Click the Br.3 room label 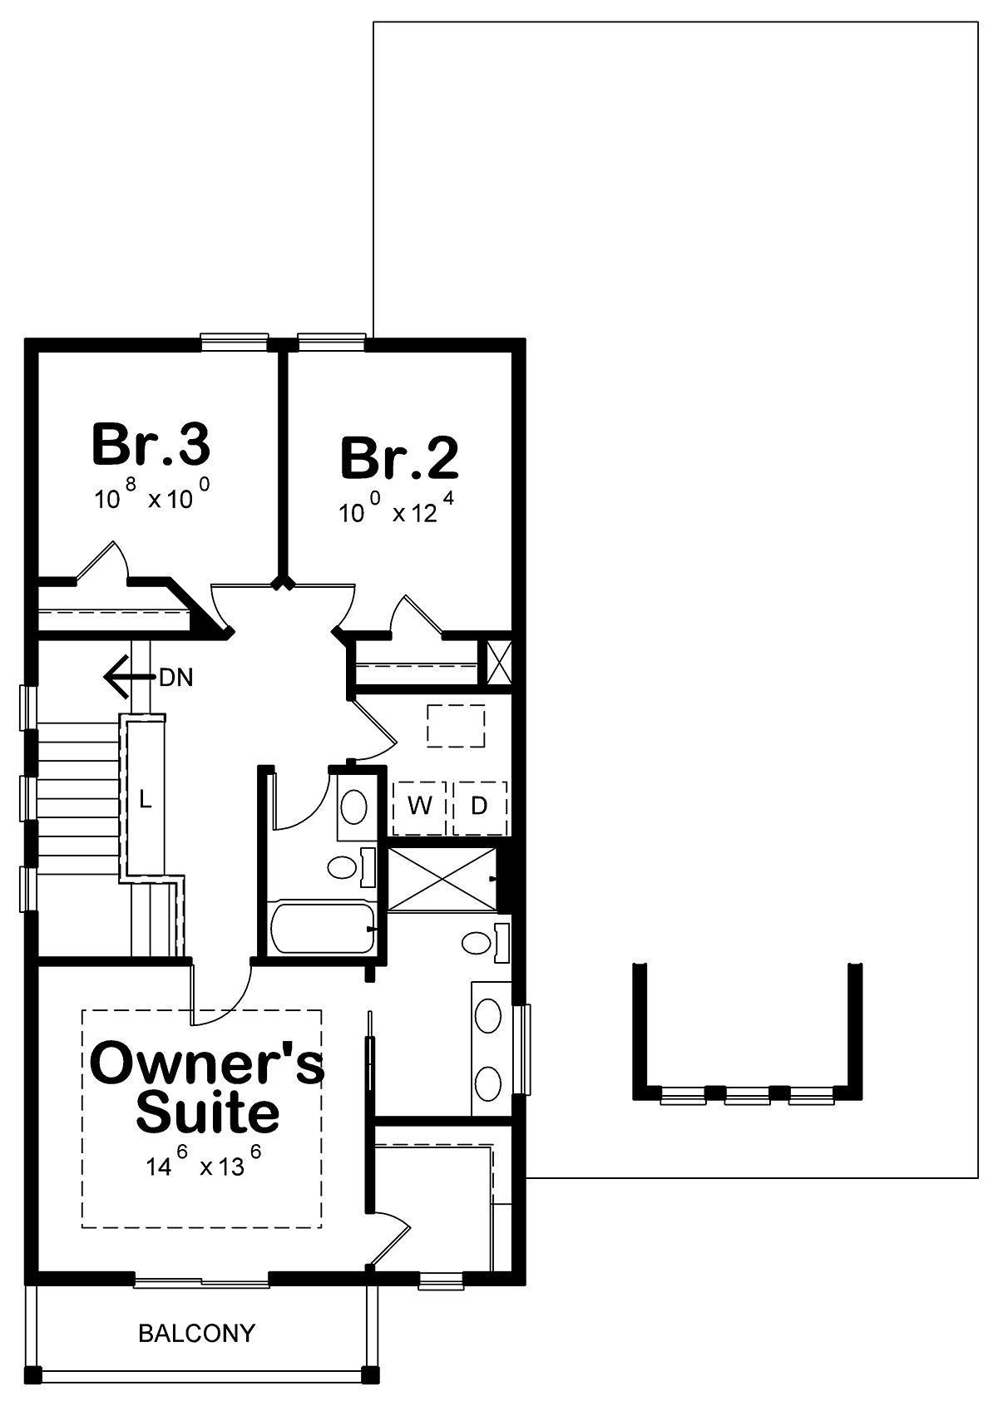(151, 444)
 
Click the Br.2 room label (399, 458)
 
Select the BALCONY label (196, 1333)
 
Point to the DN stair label (176, 678)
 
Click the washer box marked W (419, 808)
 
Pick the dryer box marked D (480, 808)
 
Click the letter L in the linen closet (145, 799)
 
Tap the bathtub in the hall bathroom (324, 929)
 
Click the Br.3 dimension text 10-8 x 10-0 (152, 496)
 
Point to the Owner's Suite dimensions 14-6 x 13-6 (204, 1161)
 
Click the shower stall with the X (442, 878)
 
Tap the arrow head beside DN (116, 678)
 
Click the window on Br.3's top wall (235, 342)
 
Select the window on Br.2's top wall (332, 342)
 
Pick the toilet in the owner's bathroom (486, 942)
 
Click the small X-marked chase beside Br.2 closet (499, 662)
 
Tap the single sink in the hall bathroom (353, 806)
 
